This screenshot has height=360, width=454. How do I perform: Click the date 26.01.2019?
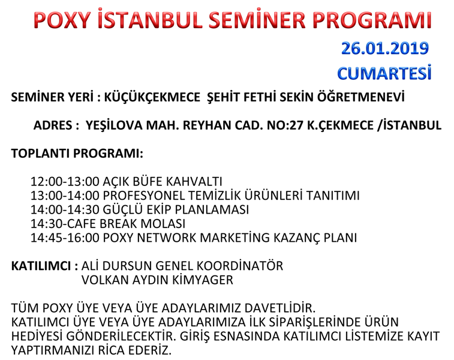(385, 49)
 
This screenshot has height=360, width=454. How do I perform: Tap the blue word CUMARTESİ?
(384, 73)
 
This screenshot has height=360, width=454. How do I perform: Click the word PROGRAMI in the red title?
(372, 20)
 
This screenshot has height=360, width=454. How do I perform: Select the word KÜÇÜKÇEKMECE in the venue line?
(152, 97)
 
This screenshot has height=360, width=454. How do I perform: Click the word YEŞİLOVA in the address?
(114, 125)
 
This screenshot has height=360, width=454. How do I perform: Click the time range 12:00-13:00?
(65, 182)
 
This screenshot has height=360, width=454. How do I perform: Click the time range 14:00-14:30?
(65, 209)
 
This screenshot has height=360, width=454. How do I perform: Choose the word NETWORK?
(167, 238)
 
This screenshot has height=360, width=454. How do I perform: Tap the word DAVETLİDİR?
(279, 308)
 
